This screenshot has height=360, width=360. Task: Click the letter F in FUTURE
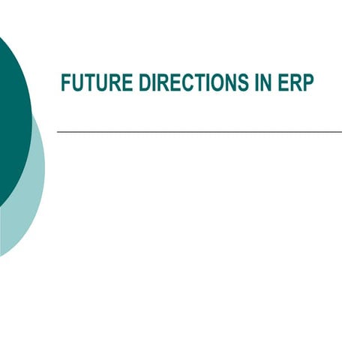pos(65,83)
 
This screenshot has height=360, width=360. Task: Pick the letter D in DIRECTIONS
pos(144,83)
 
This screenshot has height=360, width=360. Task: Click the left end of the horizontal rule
pos(58,132)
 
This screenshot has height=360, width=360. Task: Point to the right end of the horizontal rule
pos(340,132)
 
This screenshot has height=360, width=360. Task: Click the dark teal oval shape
pos(11,112)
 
